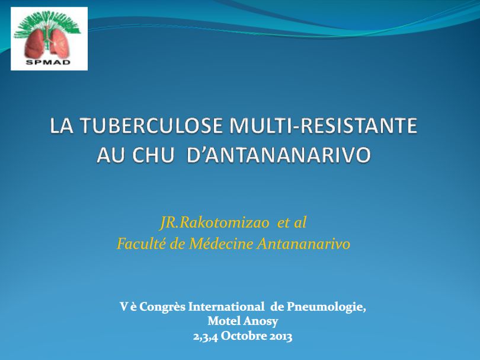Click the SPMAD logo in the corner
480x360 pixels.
[49, 39]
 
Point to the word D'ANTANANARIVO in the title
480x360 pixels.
[279, 155]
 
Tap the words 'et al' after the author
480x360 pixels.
[292, 223]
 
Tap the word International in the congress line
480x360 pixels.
[226, 307]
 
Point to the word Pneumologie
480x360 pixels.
[327, 307]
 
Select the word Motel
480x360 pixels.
[225, 321]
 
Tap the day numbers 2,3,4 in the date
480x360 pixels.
[205, 336]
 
